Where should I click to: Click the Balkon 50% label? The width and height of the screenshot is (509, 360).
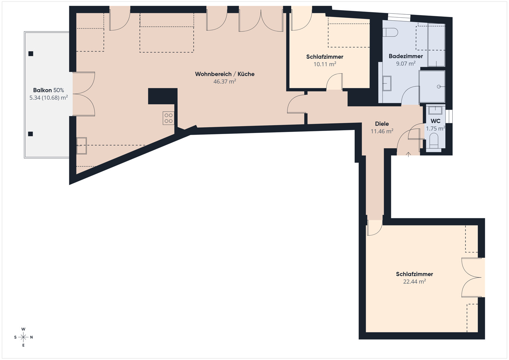point(49,90)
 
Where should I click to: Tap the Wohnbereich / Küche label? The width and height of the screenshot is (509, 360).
point(225,74)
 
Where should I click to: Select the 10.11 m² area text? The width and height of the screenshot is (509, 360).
point(325,64)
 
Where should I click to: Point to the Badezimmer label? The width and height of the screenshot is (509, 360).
point(406,56)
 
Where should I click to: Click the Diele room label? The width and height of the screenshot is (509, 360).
point(382,124)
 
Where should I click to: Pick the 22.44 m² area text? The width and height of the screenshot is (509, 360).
point(414,282)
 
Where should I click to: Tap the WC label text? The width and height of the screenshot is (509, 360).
point(435,121)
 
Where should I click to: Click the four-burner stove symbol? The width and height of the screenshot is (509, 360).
point(168,118)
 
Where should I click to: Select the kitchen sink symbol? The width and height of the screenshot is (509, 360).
point(81,146)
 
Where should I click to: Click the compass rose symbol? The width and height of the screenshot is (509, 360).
point(23,337)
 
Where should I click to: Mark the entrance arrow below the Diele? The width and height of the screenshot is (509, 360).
point(408,154)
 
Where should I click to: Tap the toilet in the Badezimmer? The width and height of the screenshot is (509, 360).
point(390,32)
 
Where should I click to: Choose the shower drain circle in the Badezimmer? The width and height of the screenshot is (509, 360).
point(439,87)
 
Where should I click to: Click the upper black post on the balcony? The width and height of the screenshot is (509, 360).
point(31,54)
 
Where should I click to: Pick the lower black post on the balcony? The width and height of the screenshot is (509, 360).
point(31,134)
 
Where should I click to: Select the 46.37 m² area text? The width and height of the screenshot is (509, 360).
point(225,81)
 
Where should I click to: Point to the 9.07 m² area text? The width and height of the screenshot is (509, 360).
point(406,64)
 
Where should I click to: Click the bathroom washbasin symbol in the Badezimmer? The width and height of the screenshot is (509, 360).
point(387,83)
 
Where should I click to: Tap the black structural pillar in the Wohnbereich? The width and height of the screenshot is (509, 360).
point(163,96)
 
